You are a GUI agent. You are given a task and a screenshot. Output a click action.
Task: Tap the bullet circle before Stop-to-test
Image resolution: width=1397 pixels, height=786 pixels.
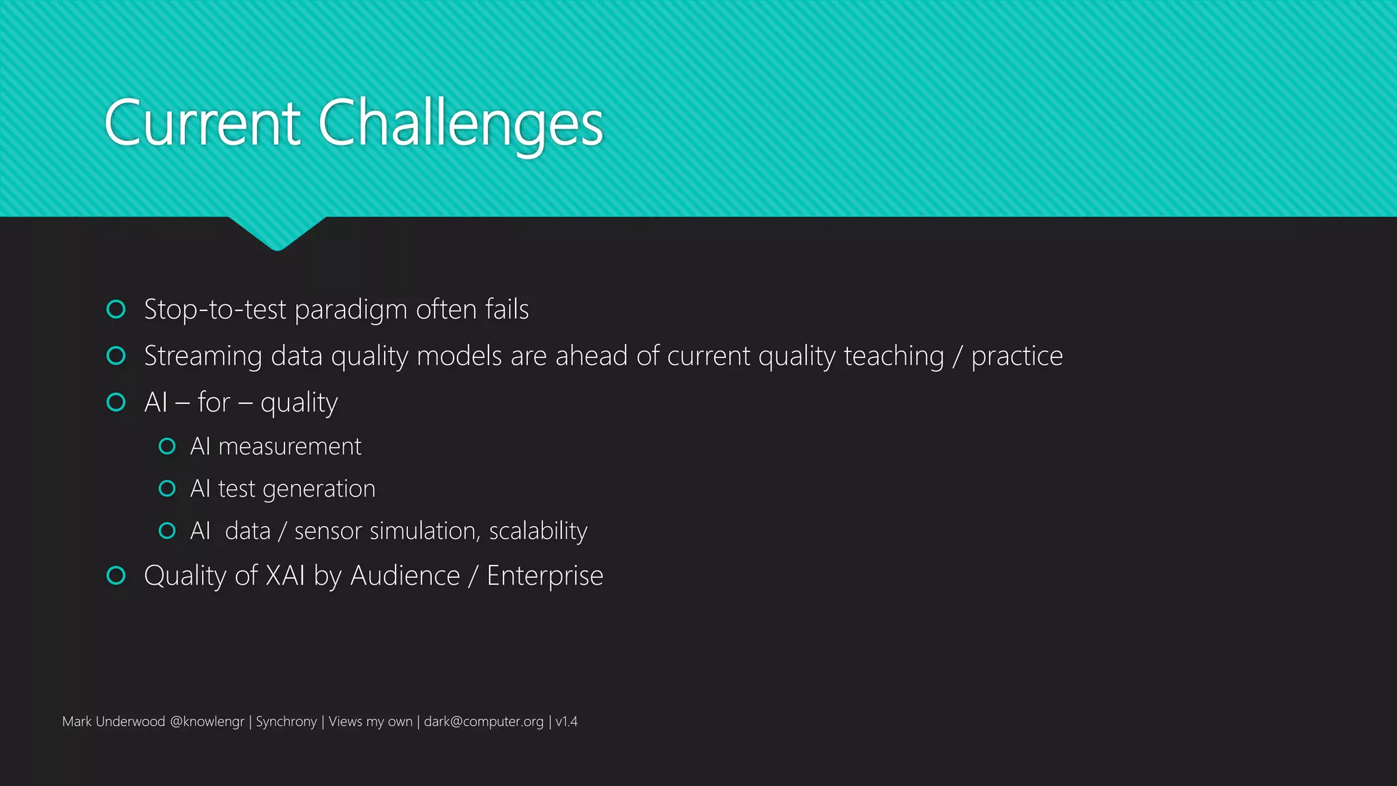click(117, 310)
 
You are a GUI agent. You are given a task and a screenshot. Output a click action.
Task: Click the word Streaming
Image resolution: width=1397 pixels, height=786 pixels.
click(203, 356)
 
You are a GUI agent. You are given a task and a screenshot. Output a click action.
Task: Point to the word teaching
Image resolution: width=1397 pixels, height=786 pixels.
click(894, 356)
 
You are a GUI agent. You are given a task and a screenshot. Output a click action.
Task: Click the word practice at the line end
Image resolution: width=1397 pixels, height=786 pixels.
click(1016, 356)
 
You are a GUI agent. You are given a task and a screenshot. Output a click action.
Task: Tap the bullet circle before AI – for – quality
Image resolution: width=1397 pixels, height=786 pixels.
click(117, 403)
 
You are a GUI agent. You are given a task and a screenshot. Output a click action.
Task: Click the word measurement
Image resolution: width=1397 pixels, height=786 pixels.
click(290, 447)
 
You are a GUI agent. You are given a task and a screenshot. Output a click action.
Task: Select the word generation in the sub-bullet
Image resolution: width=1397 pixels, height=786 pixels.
click(319, 489)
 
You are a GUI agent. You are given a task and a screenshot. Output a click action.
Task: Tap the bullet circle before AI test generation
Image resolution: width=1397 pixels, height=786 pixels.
click(167, 489)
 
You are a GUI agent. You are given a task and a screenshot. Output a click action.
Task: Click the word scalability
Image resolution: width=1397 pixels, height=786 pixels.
click(538, 532)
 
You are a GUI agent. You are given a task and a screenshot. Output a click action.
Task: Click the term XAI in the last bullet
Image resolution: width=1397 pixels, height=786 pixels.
click(285, 576)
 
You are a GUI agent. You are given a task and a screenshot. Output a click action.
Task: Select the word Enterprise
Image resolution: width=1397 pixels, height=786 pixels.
click(544, 577)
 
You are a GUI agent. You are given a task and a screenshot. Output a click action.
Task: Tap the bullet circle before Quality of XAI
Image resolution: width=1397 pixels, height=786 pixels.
click(117, 576)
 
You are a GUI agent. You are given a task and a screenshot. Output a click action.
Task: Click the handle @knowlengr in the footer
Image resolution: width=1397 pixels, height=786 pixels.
click(207, 722)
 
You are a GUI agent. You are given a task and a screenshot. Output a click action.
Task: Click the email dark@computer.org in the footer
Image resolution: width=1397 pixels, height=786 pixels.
click(484, 722)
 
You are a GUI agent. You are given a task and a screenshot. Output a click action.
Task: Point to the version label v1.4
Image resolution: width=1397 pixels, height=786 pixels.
click(566, 722)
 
